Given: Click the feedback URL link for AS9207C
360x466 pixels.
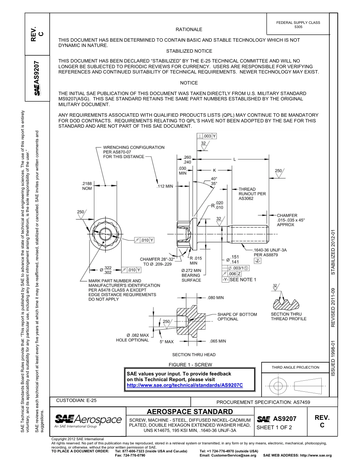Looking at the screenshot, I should click(185, 385).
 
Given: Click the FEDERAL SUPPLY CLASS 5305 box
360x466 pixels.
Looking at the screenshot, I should click(298, 25).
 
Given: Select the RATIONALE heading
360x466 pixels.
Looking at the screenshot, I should click(189, 30).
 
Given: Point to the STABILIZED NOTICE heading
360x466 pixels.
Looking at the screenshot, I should click(189, 51).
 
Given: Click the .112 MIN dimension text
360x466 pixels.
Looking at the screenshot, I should click(164, 186).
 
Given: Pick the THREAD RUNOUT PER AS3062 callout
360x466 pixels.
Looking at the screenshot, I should click(252, 194).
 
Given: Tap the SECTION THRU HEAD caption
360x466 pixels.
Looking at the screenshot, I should click(194, 355).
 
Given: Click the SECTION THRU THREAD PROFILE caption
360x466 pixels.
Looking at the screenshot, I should click(288, 316).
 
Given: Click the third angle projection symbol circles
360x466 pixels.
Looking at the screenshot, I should click(278, 386).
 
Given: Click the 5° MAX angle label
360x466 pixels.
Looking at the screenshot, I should click(166, 342).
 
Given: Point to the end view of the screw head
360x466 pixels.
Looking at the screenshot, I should click(104, 235).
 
